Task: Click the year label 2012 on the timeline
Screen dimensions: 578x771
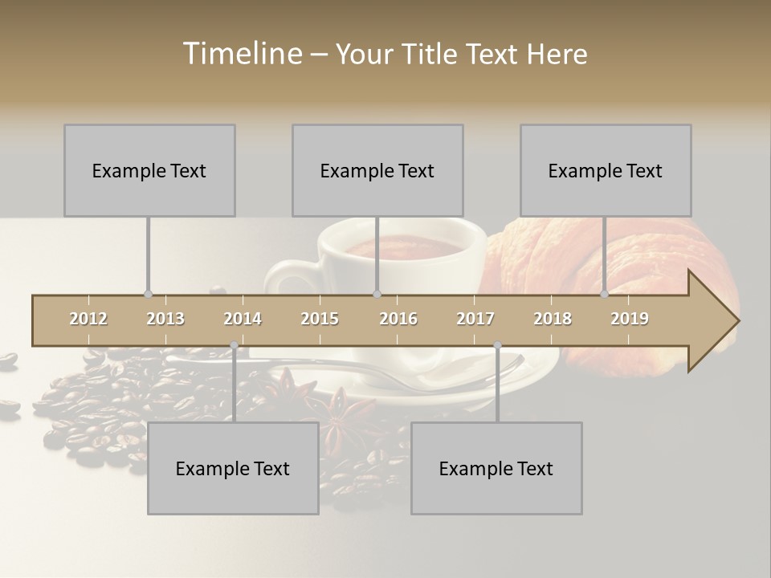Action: (88, 319)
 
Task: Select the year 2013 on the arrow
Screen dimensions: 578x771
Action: (165, 319)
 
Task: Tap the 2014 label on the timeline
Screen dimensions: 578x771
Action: (243, 319)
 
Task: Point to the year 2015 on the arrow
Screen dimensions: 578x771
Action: (320, 319)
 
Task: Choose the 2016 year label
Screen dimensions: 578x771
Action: (398, 319)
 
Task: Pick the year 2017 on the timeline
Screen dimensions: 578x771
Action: (475, 319)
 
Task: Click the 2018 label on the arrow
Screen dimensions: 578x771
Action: (553, 319)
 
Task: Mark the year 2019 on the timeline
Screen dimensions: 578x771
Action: (630, 319)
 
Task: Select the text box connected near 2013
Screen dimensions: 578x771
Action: (149, 170)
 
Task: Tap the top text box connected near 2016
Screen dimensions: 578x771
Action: (377, 170)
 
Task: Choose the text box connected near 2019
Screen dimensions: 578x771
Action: (606, 170)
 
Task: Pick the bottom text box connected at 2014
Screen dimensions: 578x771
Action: (233, 468)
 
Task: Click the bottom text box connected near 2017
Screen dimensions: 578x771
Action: (496, 468)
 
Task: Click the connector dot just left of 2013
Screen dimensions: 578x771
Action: (148, 294)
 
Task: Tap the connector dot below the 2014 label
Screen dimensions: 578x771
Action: (234, 345)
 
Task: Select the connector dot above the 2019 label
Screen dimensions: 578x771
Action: (605, 294)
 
